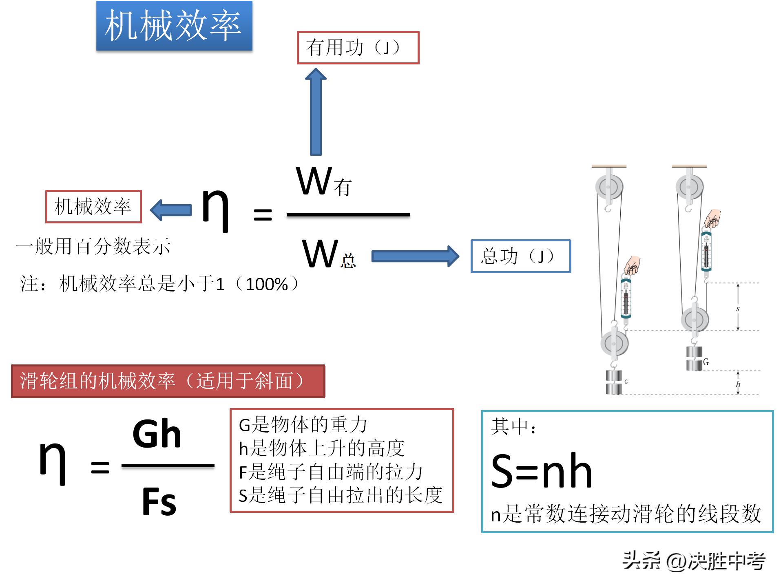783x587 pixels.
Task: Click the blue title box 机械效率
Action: [x=174, y=26]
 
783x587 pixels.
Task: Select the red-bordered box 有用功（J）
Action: [x=358, y=48]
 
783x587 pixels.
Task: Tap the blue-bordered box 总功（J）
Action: [x=520, y=256]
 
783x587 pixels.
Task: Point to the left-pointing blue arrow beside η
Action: [x=171, y=210]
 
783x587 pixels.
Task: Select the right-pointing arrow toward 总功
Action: [x=415, y=256]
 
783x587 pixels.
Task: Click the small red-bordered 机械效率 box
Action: [x=93, y=207]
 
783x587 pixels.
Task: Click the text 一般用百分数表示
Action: [x=93, y=246]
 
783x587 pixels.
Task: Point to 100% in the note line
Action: [x=267, y=284]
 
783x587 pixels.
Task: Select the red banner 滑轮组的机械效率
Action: [x=168, y=381]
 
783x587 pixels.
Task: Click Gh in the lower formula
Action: [x=157, y=434]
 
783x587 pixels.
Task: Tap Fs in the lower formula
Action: [x=159, y=502]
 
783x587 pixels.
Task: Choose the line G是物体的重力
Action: [x=303, y=425]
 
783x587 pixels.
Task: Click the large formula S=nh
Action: [x=541, y=472]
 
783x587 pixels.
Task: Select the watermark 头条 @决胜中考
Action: [x=694, y=561]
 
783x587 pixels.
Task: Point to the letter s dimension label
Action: [x=737, y=309]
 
